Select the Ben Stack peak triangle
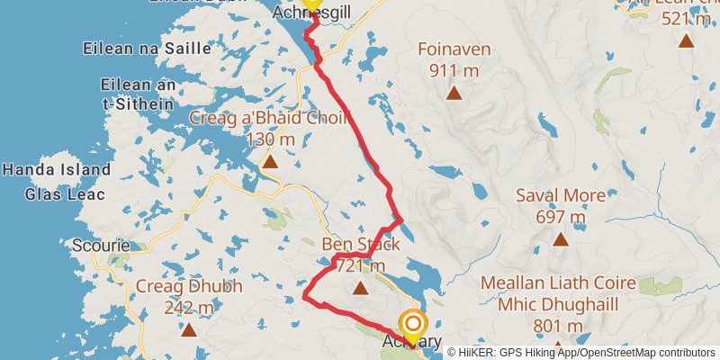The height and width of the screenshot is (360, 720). coord(361,289)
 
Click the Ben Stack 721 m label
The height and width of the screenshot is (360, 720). coord(360,255)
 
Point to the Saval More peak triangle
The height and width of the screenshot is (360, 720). coord(561,239)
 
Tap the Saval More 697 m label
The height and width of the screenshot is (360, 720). coord(550,206)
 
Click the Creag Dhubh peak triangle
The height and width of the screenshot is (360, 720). coord(189,330)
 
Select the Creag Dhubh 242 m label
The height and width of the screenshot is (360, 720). coord(189,297)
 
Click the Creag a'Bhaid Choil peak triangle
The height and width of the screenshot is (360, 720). coord(269,162)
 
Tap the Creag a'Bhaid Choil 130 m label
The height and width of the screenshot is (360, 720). coord(243,128)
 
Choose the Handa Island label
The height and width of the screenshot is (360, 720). coord(57,169)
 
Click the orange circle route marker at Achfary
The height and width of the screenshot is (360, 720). coord(413,322)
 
